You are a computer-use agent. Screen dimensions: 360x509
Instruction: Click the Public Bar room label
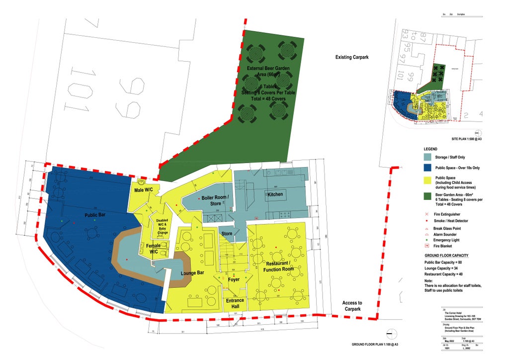click(x=94, y=216)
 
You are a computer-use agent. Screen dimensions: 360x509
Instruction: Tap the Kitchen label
click(x=275, y=194)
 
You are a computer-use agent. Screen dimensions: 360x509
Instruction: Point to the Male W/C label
click(x=143, y=190)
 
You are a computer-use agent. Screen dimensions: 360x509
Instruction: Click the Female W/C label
click(x=154, y=249)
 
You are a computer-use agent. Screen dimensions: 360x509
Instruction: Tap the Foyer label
click(x=234, y=279)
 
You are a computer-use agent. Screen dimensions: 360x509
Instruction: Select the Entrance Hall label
click(x=235, y=303)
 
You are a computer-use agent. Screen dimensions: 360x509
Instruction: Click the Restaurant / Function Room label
click(x=278, y=266)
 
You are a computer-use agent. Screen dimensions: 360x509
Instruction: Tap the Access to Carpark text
click(x=352, y=306)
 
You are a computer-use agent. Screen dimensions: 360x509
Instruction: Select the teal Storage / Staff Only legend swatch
click(x=428, y=158)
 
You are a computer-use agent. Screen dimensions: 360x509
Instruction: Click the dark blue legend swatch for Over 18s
click(x=428, y=168)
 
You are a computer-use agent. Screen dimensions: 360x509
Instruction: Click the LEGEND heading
click(x=430, y=149)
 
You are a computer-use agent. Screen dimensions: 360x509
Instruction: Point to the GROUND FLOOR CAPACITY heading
click(x=446, y=256)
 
